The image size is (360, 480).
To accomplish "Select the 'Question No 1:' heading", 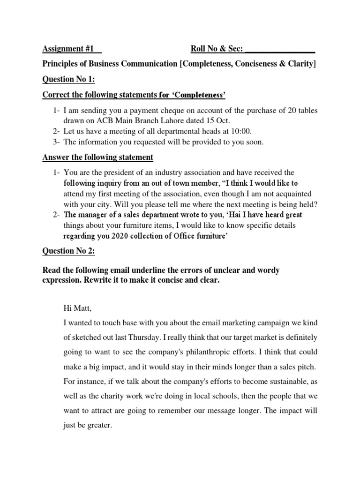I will pyautogui.click(x=69, y=80).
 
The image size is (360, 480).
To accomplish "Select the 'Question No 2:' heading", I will pyautogui.click(x=69, y=251).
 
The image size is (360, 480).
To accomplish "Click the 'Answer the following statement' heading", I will pyautogui.click(x=97, y=157).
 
